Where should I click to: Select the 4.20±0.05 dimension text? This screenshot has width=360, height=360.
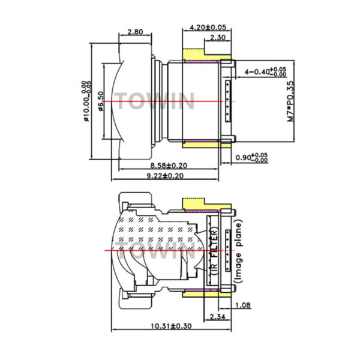point(208,28)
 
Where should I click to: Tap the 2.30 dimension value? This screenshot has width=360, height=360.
point(218,37)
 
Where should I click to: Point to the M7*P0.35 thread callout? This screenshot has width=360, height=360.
point(290,101)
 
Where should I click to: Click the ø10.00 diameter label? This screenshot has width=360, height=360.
point(86,101)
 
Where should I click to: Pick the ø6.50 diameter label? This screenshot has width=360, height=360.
point(101,101)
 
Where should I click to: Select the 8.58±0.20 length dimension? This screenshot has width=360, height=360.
point(169,166)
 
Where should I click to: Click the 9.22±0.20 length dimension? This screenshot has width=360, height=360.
point(165,176)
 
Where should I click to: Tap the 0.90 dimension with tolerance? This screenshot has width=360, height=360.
point(251,157)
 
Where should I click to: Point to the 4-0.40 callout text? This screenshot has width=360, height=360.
point(265,72)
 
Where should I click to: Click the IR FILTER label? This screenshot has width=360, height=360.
point(214,251)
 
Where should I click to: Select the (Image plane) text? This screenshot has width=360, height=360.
point(238,251)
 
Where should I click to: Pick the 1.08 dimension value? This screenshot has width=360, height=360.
point(243,305)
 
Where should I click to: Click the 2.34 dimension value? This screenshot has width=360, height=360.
point(218,317)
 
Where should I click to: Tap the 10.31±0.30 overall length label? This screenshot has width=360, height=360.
point(171,326)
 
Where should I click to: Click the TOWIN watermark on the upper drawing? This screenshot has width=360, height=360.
point(154,101)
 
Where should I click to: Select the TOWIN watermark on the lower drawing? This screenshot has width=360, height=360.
point(155,250)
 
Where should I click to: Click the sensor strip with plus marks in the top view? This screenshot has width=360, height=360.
point(228,101)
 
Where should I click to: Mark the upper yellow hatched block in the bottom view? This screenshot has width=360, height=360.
point(206,204)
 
